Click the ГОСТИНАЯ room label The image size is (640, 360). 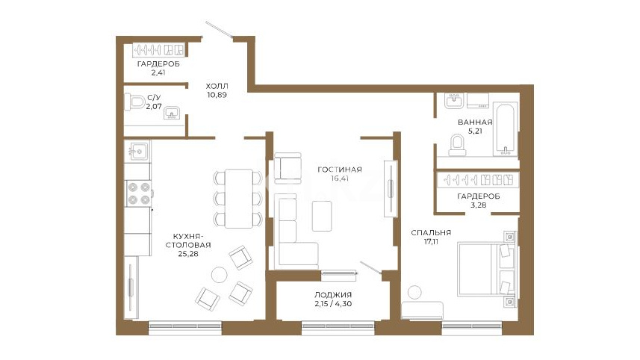340,170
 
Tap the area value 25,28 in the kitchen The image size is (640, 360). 188,254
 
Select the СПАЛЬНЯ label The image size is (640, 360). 431,232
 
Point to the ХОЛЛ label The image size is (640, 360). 217,86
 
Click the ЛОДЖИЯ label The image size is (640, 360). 333,295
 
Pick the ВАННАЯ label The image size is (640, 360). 475,122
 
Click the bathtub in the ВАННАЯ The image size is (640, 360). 506,129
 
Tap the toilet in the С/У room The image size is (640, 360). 135,102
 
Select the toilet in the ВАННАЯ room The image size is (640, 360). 458,146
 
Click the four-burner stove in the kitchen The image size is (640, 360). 139,193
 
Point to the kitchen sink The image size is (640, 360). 137,152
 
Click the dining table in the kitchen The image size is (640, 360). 239,199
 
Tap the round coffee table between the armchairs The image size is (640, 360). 220,275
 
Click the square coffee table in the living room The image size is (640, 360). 322,216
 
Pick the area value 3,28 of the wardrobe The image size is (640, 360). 479,205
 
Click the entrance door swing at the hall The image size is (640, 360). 220,30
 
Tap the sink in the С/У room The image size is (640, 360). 172,113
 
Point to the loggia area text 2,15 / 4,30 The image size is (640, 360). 333,304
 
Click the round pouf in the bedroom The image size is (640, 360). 414,292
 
